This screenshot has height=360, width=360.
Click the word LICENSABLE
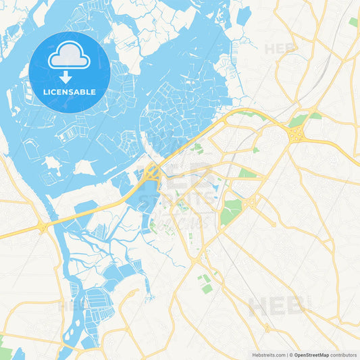[x=69, y=91]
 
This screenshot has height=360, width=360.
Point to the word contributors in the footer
[x=344, y=354]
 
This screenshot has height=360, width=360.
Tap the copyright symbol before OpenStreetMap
[x=290, y=354]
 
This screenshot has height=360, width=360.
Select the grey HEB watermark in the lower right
[x=277, y=305]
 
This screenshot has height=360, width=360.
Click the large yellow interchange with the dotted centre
[x=295, y=133]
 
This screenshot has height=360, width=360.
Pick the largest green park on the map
[x=230, y=210]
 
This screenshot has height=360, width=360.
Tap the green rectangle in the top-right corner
[x=353, y=22]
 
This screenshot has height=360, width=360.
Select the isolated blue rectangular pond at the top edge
[x=244, y=15]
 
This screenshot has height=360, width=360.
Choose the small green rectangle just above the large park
[x=247, y=174]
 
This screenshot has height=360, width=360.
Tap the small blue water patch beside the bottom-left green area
[x=18, y=353]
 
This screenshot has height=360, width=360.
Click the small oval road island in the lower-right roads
[x=267, y=329]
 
